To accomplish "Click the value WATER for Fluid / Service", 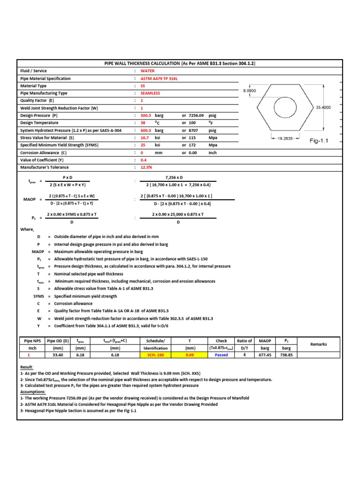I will [x=148, y=71].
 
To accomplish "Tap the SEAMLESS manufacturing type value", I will [x=150, y=93].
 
